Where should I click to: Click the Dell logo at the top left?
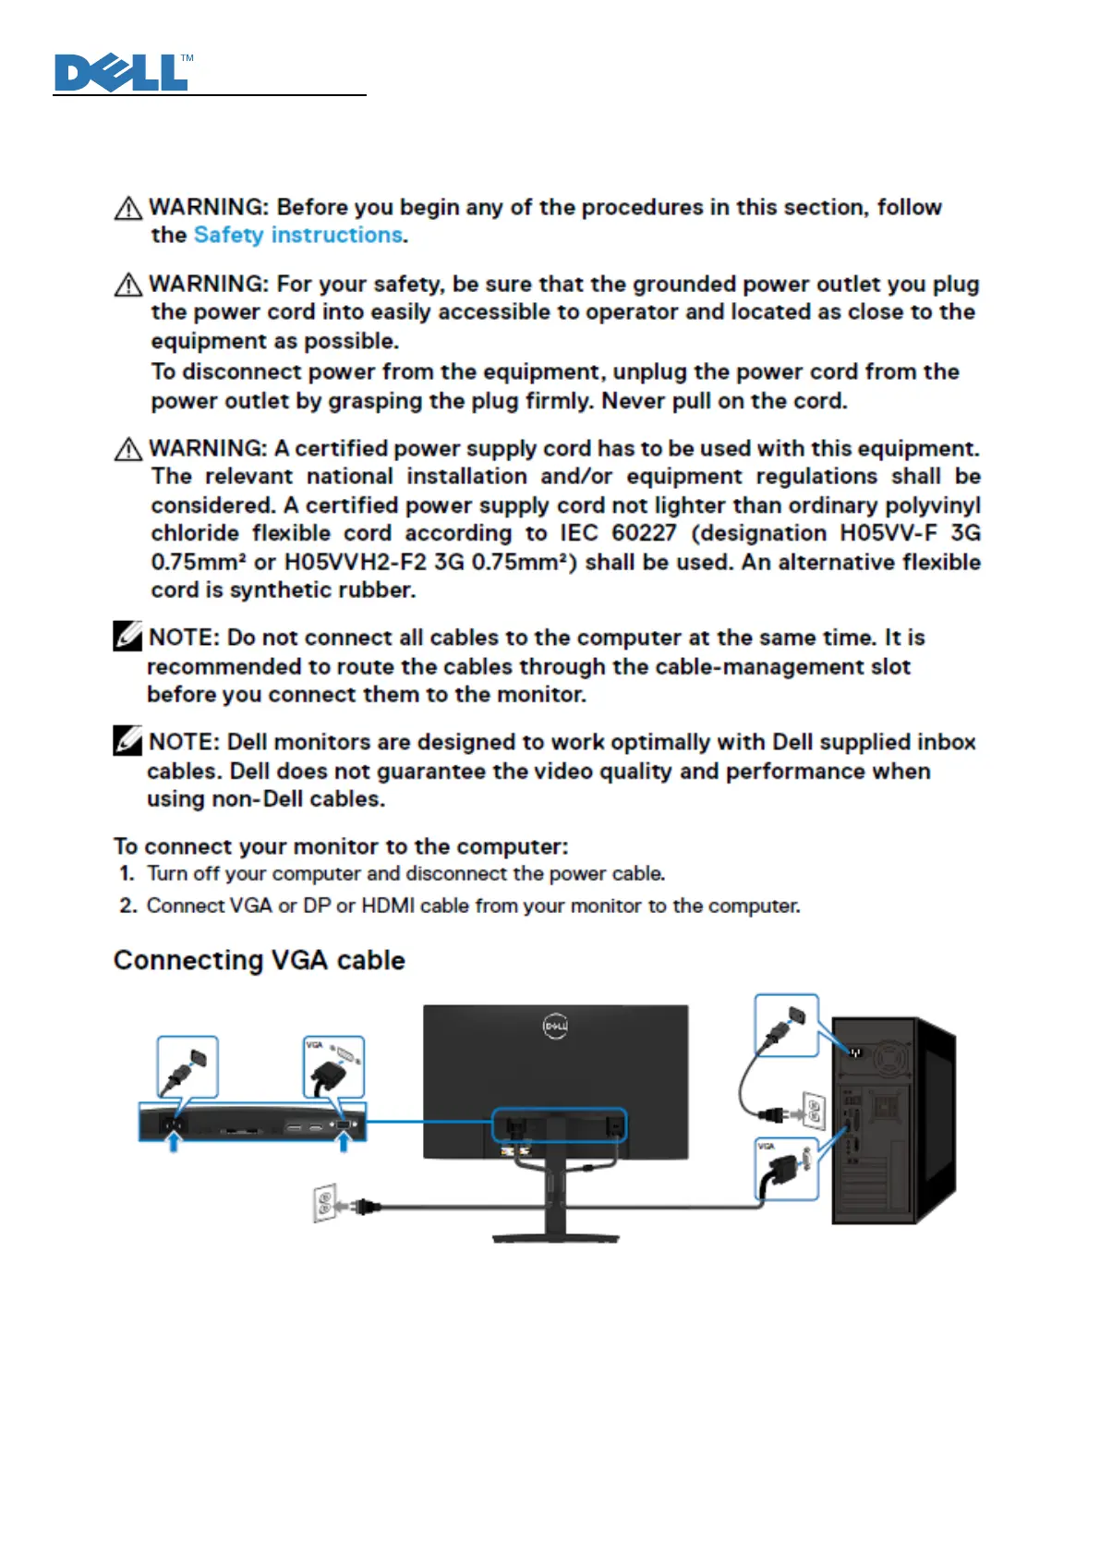click(122, 73)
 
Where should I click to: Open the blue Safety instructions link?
click(298, 236)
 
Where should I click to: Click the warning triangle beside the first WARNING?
click(127, 209)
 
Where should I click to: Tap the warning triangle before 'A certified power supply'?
click(127, 450)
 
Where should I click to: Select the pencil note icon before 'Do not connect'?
click(127, 637)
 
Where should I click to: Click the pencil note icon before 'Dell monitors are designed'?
click(127, 741)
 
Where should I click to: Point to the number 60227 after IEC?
click(644, 534)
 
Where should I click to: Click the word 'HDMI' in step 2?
click(388, 906)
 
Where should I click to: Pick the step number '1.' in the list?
click(127, 874)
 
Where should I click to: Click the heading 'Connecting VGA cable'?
click(259, 961)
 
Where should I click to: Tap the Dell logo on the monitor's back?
click(555, 1027)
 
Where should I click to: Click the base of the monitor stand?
click(556, 1236)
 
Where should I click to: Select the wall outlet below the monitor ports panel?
click(325, 1203)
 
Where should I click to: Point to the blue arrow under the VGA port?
click(344, 1143)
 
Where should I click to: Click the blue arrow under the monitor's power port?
click(173, 1143)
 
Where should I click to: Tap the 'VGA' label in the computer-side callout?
click(766, 1147)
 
